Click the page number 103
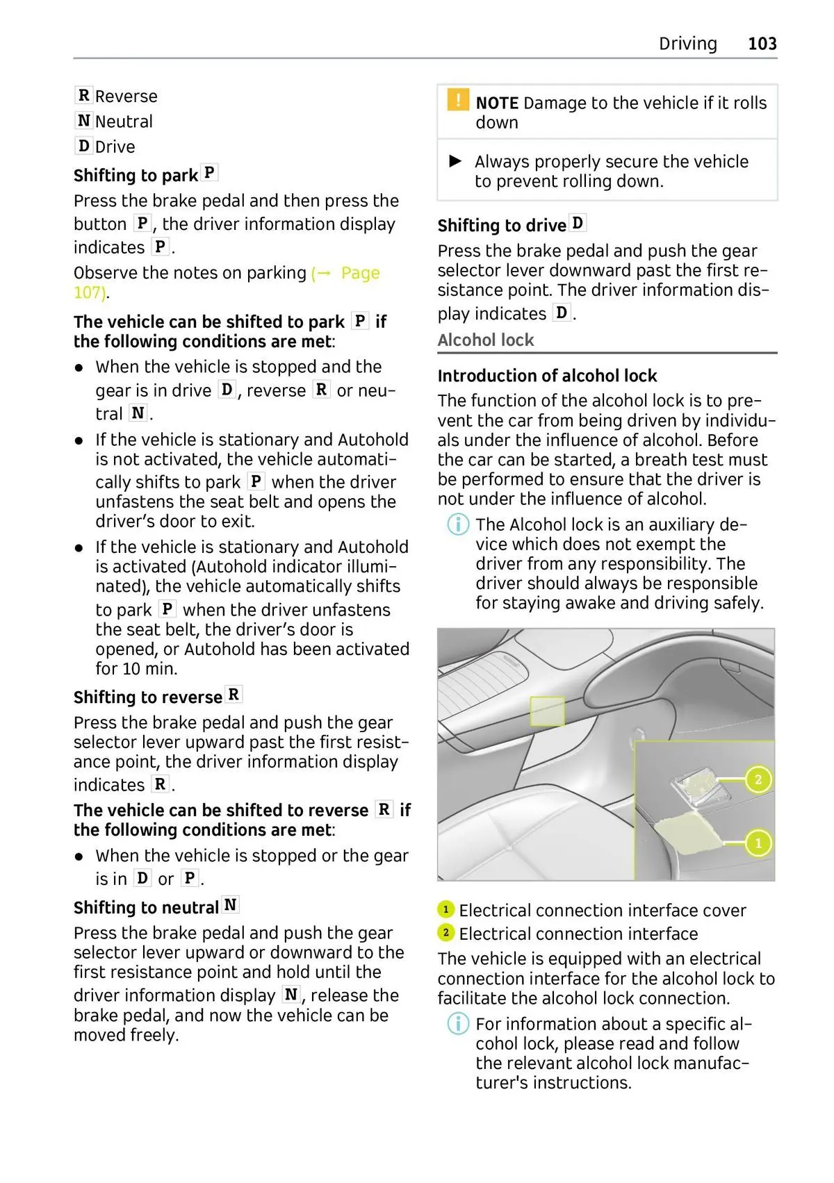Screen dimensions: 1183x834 pyautogui.click(x=762, y=44)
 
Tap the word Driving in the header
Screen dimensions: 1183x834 pyautogui.click(x=687, y=44)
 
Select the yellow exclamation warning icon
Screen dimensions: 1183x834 pyautogui.click(x=458, y=100)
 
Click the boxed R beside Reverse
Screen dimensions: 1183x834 pyautogui.click(x=84, y=95)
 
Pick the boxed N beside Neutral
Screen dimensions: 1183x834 pyautogui.click(x=84, y=121)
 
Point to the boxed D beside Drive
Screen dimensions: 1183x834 pyautogui.click(x=84, y=146)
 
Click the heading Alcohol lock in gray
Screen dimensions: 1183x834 pyautogui.click(x=485, y=340)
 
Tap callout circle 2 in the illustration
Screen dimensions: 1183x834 pyautogui.click(x=758, y=779)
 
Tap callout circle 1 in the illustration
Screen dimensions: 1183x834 pyautogui.click(x=758, y=843)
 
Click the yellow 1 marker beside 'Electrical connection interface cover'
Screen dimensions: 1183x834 pyautogui.click(x=445, y=909)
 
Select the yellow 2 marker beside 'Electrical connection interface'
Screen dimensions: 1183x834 pyautogui.click(x=445, y=933)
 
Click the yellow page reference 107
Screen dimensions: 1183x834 pyautogui.click(x=90, y=292)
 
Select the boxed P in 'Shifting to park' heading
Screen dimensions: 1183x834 pyautogui.click(x=209, y=172)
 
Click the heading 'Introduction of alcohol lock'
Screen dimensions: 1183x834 pyautogui.click(x=547, y=376)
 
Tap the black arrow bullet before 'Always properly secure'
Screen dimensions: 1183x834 pyautogui.click(x=456, y=161)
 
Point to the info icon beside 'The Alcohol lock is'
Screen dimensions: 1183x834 pyautogui.click(x=457, y=524)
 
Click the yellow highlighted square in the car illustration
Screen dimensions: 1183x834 pyautogui.click(x=547, y=711)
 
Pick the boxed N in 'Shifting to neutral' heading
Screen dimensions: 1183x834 pyautogui.click(x=231, y=905)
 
